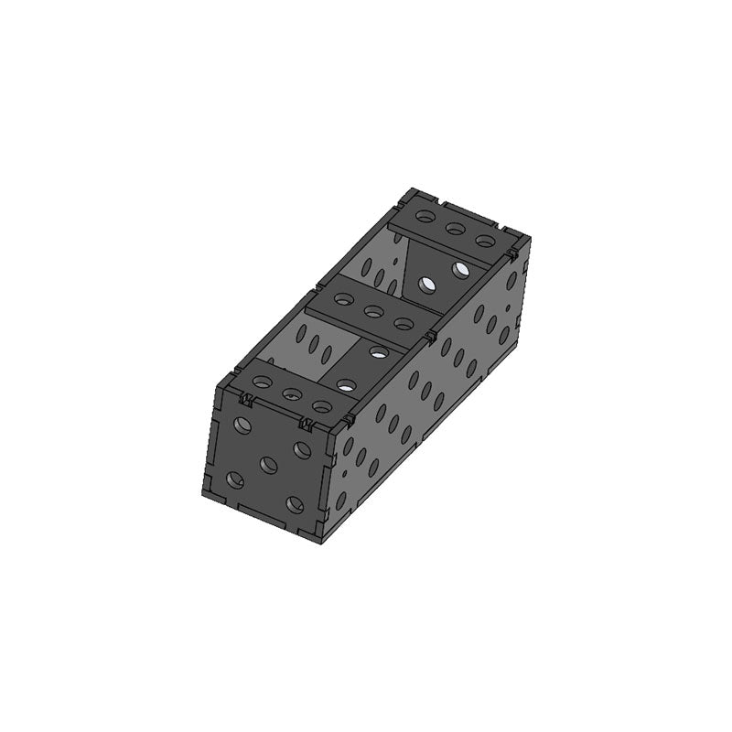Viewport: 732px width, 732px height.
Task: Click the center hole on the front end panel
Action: pos(268,465)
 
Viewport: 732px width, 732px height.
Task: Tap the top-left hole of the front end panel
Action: pos(242,425)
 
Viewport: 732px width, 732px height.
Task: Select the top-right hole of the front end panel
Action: pos(301,449)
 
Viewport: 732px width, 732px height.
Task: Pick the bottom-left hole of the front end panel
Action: pos(235,479)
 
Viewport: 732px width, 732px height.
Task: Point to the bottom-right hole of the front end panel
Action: pos(294,503)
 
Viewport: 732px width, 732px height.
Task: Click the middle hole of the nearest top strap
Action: pos(292,395)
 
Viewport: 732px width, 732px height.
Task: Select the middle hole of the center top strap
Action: pos(372,312)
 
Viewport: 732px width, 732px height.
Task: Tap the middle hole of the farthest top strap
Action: pos(455,229)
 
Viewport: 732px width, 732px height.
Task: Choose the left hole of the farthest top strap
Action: pos(425,218)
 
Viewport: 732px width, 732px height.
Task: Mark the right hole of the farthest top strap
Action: pos(486,242)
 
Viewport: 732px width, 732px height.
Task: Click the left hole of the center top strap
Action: pos(343,299)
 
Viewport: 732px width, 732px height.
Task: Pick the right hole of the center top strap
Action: pos(403,323)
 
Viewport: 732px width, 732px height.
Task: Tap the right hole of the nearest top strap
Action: pos(321,406)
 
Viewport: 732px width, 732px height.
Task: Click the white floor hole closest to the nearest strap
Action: pos(346,384)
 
